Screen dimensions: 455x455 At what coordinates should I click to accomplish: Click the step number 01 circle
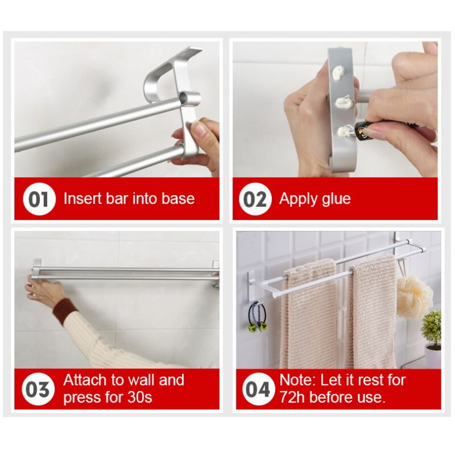point(39,200)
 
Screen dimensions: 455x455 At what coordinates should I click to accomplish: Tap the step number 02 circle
point(255,200)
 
